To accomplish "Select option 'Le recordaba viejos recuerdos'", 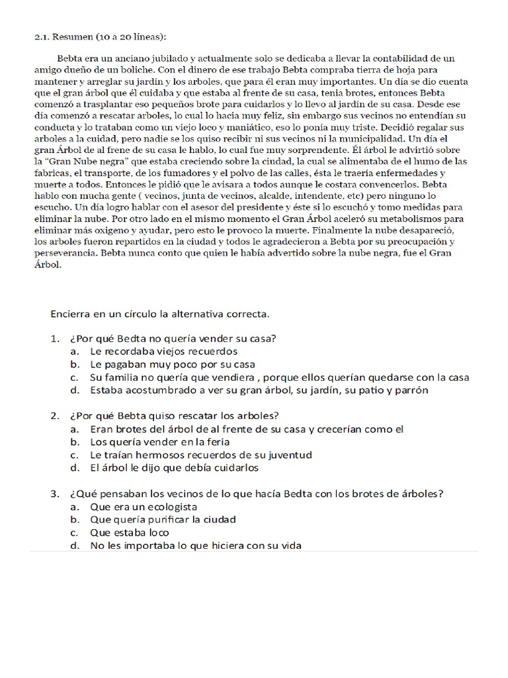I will [163, 351].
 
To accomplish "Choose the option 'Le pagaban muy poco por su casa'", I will [173, 364].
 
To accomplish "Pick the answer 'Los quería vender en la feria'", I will [159, 442].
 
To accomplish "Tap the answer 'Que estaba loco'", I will [129, 532].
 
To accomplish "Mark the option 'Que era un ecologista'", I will [143, 507].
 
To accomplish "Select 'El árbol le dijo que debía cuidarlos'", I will [174, 467].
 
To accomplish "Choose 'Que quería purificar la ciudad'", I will [163, 520].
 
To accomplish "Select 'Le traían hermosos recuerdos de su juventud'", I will [201, 455].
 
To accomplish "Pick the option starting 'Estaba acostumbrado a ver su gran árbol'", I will [259, 390].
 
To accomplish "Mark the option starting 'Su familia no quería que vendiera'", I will [280, 377].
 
